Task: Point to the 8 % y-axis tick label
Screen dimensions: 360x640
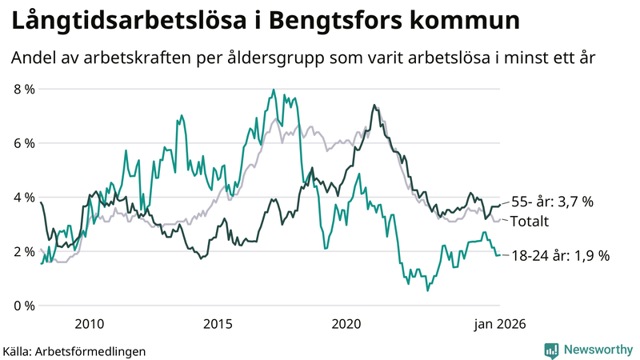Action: tap(23, 89)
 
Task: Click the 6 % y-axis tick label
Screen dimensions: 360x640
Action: tap(23, 143)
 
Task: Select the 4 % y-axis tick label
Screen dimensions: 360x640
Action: tap(23, 197)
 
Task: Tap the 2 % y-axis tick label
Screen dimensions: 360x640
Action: tap(23, 251)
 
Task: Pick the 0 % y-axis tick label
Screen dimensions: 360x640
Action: tap(23, 306)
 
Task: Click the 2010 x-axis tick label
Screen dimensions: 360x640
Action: tap(89, 324)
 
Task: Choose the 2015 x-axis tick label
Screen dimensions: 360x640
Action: tap(218, 324)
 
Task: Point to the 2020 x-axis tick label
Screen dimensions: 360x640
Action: tap(346, 324)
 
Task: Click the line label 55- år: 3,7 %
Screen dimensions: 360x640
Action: tap(553, 202)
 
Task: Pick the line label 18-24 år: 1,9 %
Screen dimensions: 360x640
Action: tap(562, 256)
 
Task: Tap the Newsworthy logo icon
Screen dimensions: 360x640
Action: tap(552, 350)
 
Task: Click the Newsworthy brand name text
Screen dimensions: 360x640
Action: tap(598, 350)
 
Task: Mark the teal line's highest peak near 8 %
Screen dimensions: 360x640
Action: tap(274, 90)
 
